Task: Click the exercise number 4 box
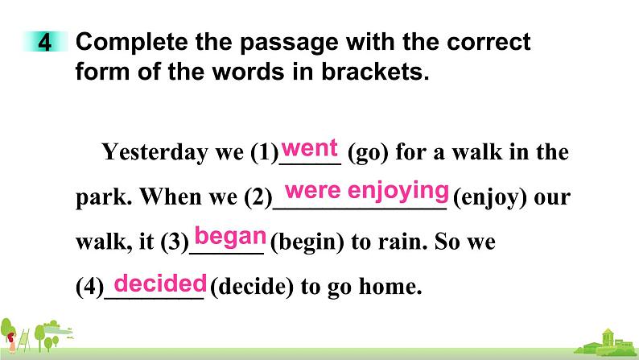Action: pyautogui.click(x=45, y=42)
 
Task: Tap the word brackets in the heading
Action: pyautogui.click(x=375, y=72)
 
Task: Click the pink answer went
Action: pyautogui.click(x=310, y=147)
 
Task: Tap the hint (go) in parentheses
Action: pyautogui.click(x=369, y=152)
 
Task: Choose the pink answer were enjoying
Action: pyautogui.click(x=367, y=191)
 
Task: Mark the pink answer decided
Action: pyautogui.click(x=160, y=283)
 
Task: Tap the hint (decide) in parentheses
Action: pyautogui.click(x=252, y=287)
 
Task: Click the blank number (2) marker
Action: pyautogui.click(x=258, y=197)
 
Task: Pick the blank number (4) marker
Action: pyautogui.click(x=90, y=287)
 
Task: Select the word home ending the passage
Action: pyautogui.click(x=390, y=286)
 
